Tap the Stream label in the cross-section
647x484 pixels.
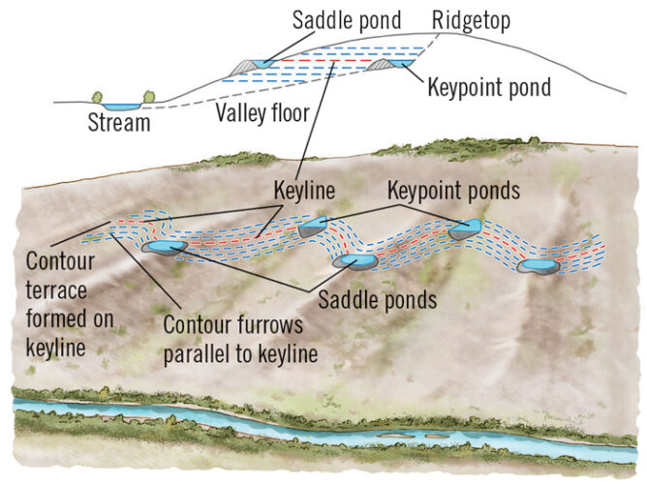[x=120, y=123]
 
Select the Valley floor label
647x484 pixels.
[x=262, y=113]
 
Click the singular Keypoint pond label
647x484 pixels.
[x=488, y=88]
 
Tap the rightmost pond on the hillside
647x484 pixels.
[x=536, y=265]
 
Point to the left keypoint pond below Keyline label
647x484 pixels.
[x=312, y=227]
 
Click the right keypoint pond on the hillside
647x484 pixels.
[x=464, y=229]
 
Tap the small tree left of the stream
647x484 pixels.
[x=98, y=97]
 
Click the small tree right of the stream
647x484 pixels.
[x=149, y=97]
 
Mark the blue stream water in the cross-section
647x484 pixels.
[x=123, y=106]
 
